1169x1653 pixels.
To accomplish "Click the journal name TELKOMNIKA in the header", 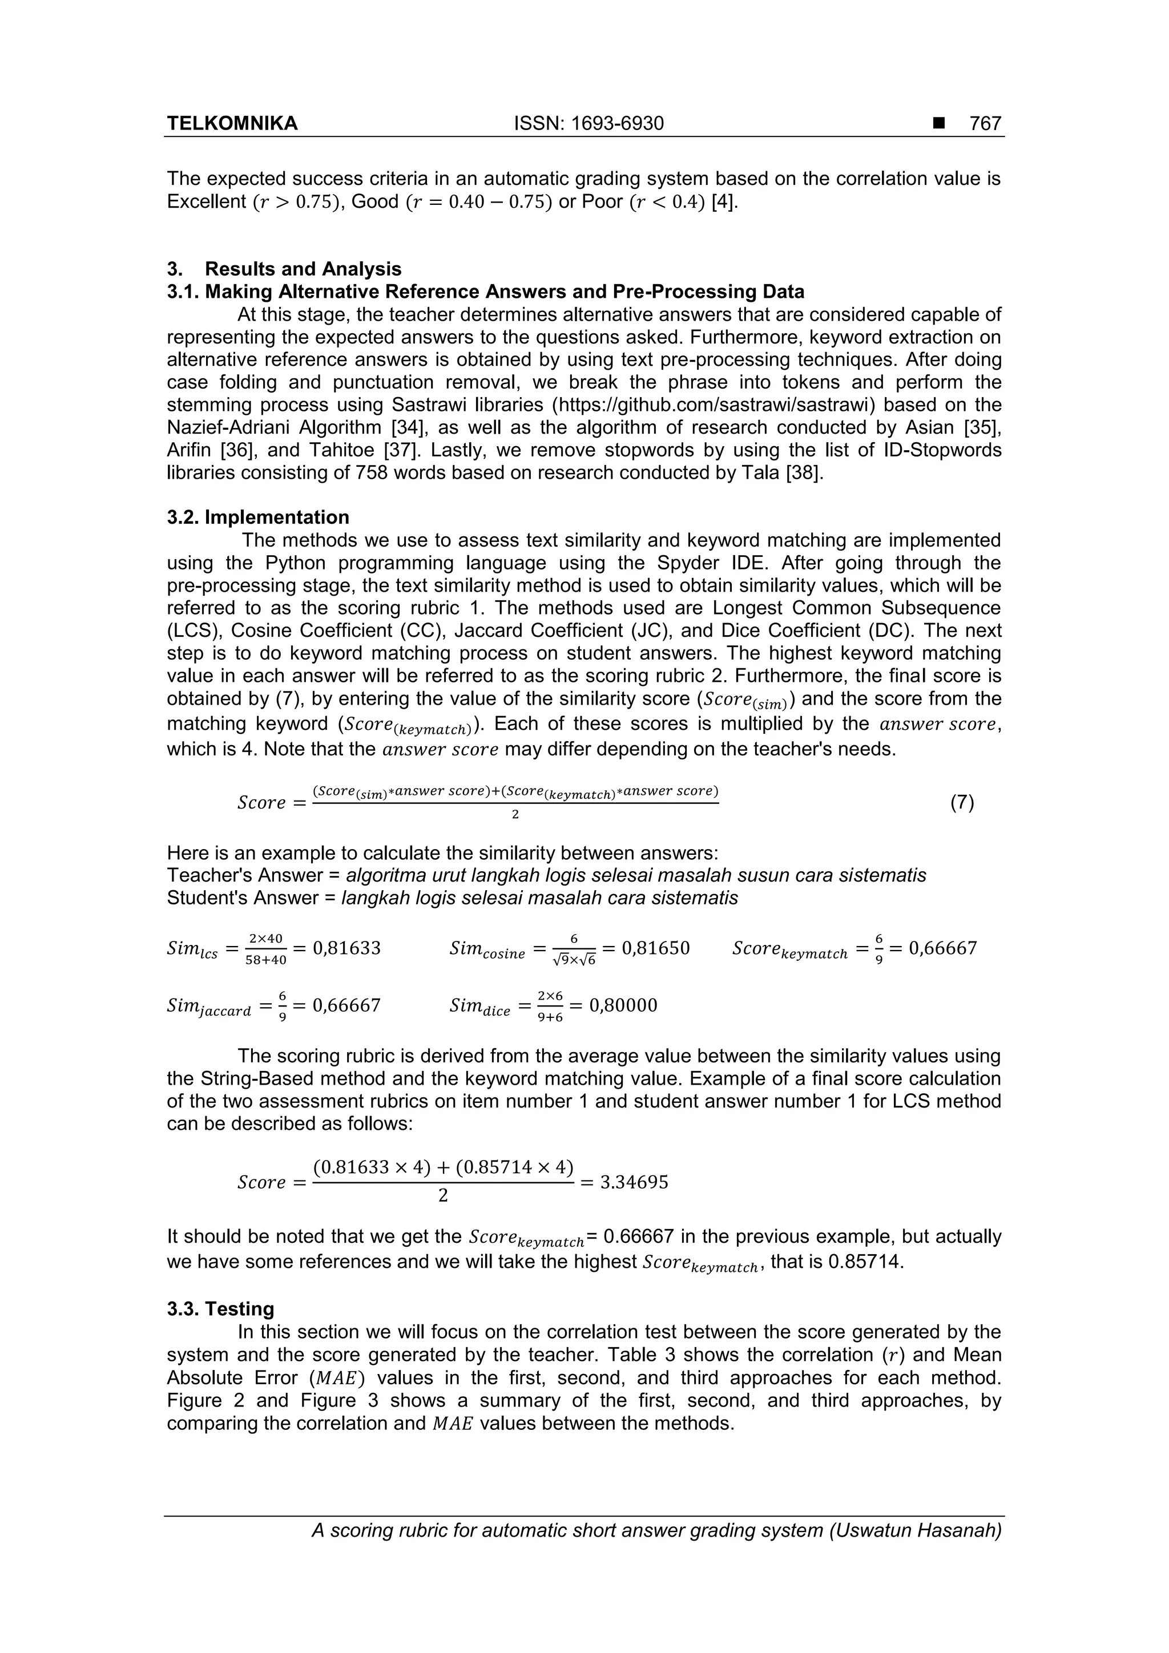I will pyautogui.click(x=232, y=124).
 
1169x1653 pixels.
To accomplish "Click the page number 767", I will pyautogui.click(x=985, y=124).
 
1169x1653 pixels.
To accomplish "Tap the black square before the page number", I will pyautogui.click(x=938, y=124).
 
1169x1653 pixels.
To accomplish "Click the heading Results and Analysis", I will pyautogui.click(x=303, y=269).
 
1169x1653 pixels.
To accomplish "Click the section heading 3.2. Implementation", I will pyautogui.click(x=258, y=518).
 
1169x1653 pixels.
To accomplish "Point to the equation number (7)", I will pyautogui.click(x=962, y=802).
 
